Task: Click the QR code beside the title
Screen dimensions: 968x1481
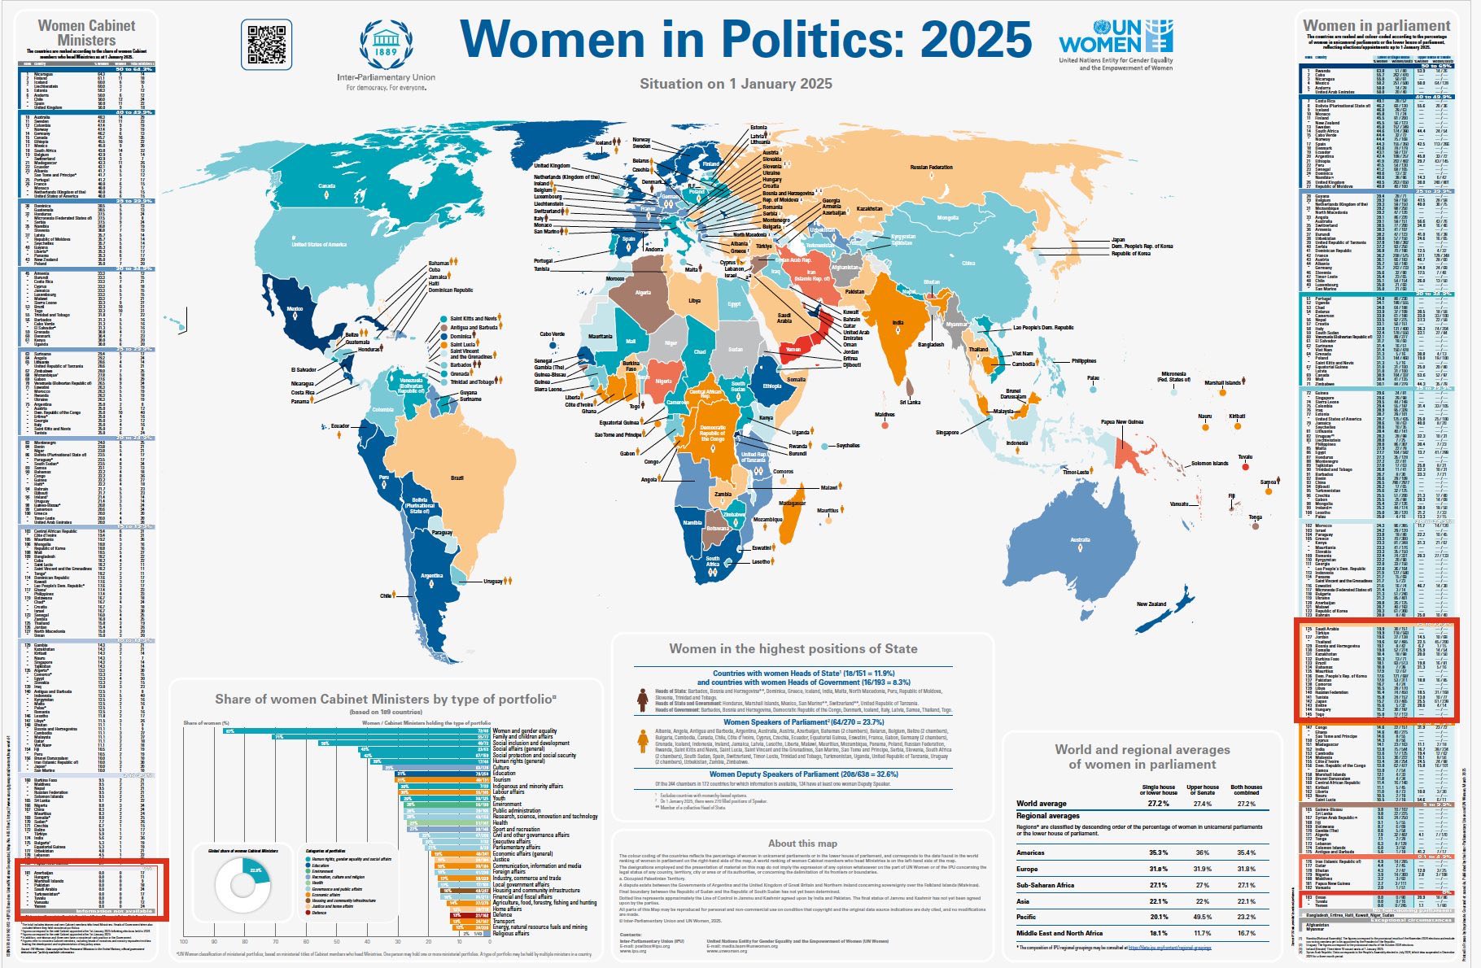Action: (x=266, y=45)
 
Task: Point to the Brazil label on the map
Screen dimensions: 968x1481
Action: (x=457, y=477)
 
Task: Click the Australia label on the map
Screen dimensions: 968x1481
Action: (x=1080, y=540)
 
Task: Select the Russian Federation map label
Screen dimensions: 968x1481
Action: (x=931, y=168)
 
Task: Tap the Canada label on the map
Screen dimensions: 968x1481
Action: (x=326, y=186)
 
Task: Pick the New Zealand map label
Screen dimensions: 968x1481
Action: (x=1151, y=604)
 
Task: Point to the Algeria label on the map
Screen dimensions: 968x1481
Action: (x=643, y=293)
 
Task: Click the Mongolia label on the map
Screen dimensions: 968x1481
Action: (x=948, y=218)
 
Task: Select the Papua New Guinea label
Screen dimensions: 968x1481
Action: (x=1124, y=422)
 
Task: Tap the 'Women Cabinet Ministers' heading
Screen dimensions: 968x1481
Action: (x=87, y=33)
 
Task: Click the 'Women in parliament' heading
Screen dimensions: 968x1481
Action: (x=1376, y=26)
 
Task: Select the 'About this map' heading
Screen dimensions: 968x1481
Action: (x=802, y=844)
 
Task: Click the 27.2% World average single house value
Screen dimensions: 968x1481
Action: (x=1158, y=804)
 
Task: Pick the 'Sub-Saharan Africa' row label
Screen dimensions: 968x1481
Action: (x=1045, y=885)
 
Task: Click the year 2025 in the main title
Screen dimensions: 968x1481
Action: (x=976, y=38)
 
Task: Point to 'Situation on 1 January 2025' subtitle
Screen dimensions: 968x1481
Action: (x=736, y=84)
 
